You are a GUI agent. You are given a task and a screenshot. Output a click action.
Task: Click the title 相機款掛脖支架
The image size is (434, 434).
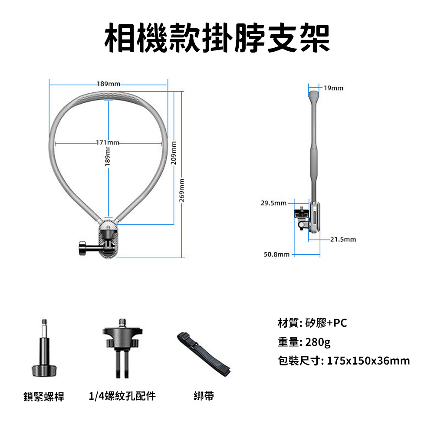(x=217, y=38)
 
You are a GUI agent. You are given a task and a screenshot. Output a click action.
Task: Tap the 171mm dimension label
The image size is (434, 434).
(x=107, y=143)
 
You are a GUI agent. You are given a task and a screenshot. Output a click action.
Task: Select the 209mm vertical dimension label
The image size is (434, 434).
(x=174, y=153)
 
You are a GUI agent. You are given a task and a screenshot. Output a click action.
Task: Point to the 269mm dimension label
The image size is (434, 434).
(x=181, y=190)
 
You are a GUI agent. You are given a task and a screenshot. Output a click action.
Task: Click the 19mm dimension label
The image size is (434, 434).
(x=333, y=88)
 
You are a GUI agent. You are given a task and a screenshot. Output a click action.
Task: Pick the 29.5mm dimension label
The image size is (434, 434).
(x=273, y=203)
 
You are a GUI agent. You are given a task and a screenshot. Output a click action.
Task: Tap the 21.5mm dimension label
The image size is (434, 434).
(x=343, y=240)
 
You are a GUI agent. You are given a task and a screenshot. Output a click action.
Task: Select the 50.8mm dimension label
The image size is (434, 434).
(x=276, y=254)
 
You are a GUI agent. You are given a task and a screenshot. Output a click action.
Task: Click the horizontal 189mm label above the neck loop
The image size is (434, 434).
(x=108, y=84)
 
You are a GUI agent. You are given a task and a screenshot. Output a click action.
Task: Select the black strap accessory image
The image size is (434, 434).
(x=204, y=354)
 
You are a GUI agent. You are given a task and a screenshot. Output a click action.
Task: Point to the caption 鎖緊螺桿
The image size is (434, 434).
(x=44, y=397)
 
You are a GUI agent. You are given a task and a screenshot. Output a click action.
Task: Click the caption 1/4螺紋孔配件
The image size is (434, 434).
(x=122, y=396)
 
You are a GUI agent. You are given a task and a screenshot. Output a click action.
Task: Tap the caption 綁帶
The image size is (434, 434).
(x=204, y=396)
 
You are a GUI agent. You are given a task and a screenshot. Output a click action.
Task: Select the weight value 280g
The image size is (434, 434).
(x=318, y=342)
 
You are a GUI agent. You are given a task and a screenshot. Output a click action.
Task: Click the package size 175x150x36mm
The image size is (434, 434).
(x=368, y=361)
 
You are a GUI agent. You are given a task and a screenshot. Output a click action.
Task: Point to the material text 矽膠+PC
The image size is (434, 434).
(x=326, y=323)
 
